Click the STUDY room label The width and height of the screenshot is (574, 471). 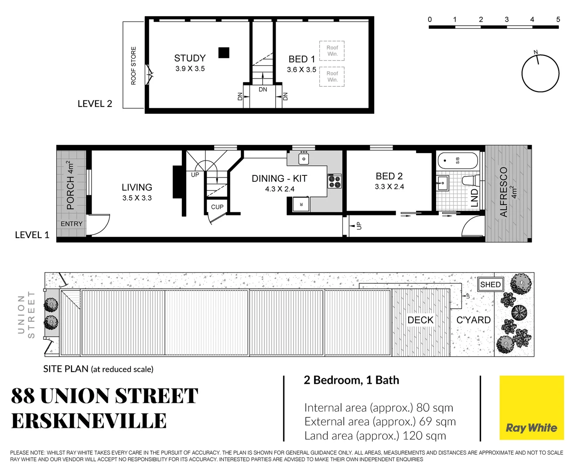coord(190,58)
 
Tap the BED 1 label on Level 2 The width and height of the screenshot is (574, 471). coord(301,59)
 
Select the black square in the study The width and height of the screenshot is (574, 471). coord(224,53)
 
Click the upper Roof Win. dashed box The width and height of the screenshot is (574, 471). coord(332,51)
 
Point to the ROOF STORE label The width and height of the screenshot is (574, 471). coord(133,65)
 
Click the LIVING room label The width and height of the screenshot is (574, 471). coord(137,188)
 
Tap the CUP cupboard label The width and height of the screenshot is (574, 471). coord(217,207)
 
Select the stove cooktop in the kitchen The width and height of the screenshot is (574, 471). coord(335,181)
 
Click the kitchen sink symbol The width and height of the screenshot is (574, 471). coord(304,158)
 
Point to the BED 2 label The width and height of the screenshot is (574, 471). coord(389,176)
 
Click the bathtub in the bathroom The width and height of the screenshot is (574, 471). coord(457,160)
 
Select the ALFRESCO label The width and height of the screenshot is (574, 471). coord(504,192)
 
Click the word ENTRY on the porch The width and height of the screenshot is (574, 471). coord(72,224)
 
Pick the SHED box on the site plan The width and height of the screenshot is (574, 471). coord(490,284)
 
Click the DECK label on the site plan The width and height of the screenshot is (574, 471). coord(420,320)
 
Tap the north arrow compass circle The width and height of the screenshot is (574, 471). coord(540,73)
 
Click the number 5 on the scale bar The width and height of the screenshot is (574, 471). coord(558,19)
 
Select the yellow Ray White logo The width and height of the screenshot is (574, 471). coord(531,408)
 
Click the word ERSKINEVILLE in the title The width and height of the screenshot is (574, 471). coord(89,421)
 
